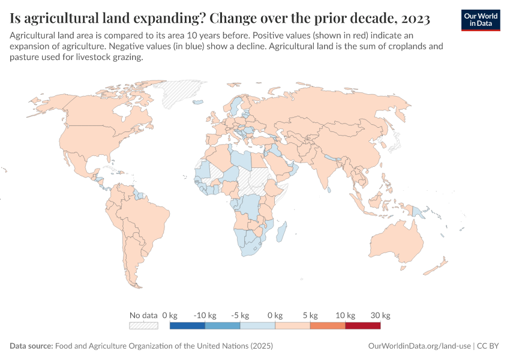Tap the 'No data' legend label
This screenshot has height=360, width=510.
tap(143, 315)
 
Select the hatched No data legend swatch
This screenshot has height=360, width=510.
tap(143, 326)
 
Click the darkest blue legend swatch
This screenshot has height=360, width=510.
tap(187, 326)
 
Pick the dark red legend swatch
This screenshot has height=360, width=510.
tap(363, 326)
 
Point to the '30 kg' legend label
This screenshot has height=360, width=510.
tap(381, 315)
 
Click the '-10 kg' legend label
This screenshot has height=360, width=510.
tap(205, 315)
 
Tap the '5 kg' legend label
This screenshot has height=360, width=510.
tap(310, 315)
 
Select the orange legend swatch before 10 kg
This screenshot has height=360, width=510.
tap(328, 326)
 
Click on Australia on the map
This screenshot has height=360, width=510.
tap(396, 240)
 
